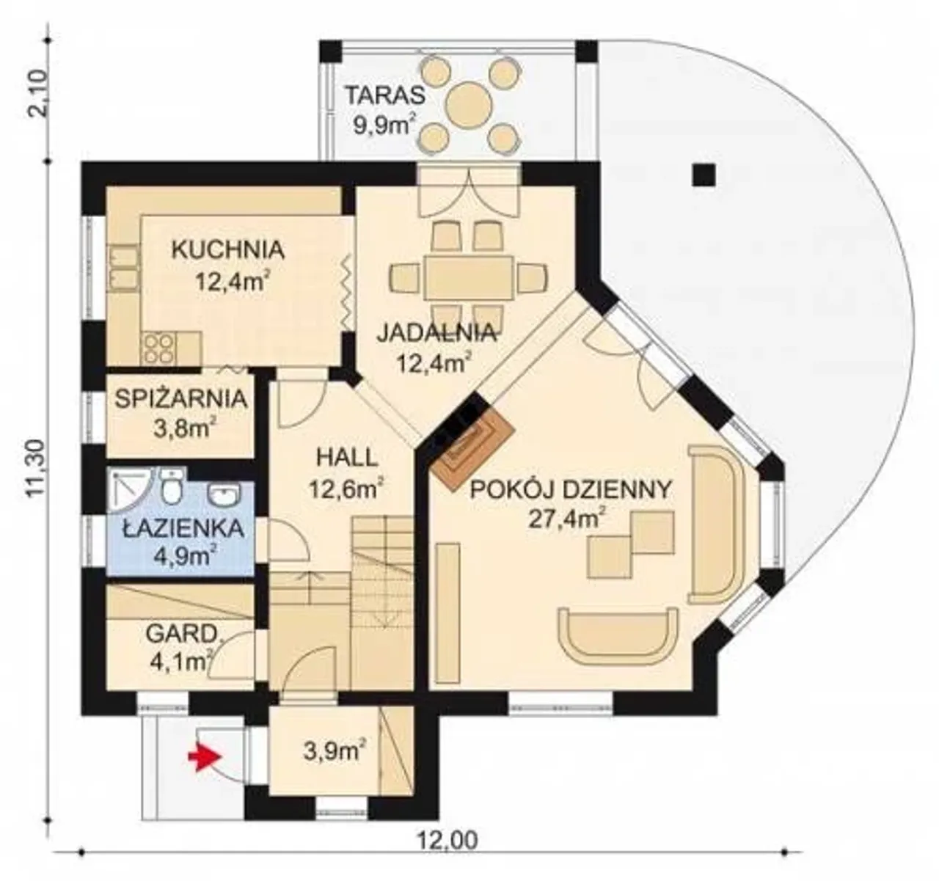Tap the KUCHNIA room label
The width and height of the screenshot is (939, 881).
228,250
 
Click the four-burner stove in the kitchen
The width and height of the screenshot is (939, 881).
158,349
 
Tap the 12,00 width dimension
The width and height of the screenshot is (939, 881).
447,841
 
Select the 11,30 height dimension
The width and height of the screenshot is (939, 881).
35,468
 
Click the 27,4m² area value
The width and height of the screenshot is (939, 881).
568,519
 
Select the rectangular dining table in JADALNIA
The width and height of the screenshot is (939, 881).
469,277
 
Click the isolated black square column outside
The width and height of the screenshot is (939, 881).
704,175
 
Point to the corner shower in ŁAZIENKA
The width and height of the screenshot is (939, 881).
128,491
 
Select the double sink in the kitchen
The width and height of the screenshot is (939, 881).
125,267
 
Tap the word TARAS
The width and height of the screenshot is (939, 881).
385,95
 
